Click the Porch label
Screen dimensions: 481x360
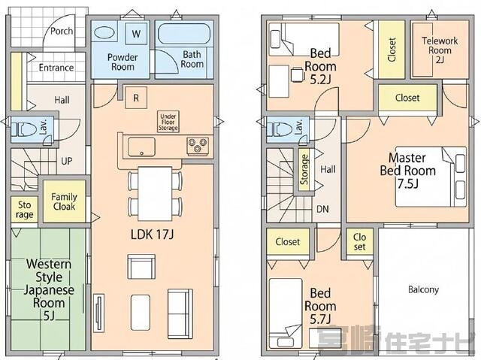point(62,31)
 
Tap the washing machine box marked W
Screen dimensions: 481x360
point(136,33)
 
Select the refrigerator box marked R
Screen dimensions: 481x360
point(136,98)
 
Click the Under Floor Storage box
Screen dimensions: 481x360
point(168,122)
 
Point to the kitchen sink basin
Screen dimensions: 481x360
point(141,147)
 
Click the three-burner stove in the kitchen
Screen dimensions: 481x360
point(198,145)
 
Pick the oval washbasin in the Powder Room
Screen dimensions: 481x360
point(104,32)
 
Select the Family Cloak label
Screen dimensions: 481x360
point(64,201)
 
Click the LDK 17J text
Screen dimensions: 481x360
point(152,234)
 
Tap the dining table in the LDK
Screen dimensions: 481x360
point(155,193)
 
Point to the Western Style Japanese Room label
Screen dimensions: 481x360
point(49,289)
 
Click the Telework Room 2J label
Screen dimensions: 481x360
point(440,50)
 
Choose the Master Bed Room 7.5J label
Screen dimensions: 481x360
point(407,171)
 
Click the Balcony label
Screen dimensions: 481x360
point(423,289)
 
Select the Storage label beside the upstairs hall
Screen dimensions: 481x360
point(304,170)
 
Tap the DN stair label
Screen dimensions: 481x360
point(322,209)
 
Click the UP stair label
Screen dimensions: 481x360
point(67,161)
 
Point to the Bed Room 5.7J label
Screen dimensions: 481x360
point(320,306)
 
